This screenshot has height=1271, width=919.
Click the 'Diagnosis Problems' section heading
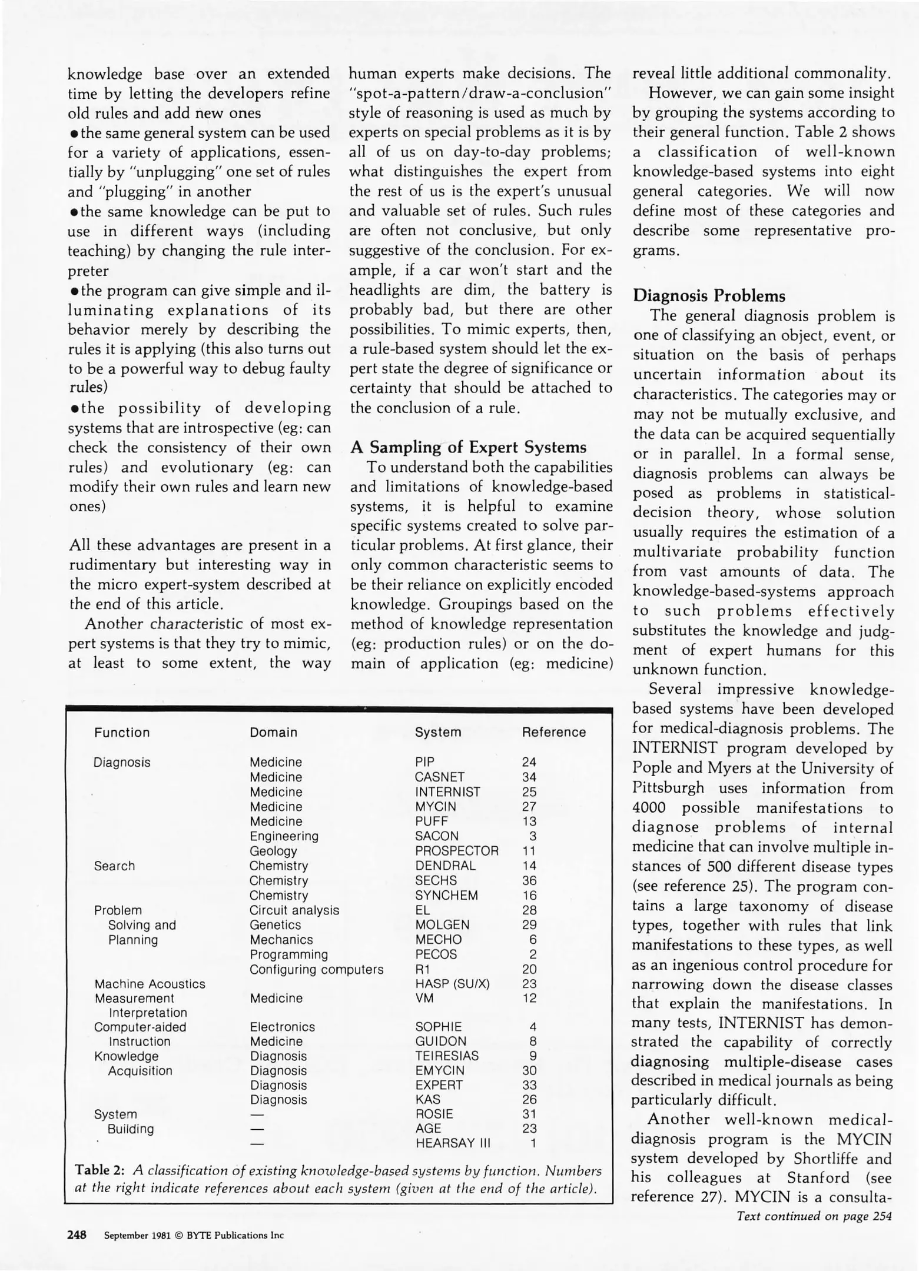(709, 295)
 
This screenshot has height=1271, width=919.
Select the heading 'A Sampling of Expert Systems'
(468, 447)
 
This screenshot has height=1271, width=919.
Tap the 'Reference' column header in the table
(553, 732)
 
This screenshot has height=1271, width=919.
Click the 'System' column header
(437, 732)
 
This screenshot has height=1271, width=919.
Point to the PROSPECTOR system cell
(456, 851)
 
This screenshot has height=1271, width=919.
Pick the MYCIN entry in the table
(435, 807)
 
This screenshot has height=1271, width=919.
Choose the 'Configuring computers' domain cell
(316, 969)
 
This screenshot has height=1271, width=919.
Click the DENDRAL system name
(445, 866)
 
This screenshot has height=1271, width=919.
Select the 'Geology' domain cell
(273, 851)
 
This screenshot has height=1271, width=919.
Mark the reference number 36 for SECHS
(529, 880)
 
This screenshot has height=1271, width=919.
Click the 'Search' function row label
(114, 866)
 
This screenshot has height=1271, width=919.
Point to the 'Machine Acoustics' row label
(150, 984)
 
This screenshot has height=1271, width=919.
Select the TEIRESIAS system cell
(447, 1056)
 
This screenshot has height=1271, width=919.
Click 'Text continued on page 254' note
(814, 1216)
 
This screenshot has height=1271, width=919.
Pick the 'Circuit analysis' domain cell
(294, 910)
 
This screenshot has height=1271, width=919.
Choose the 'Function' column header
(122, 733)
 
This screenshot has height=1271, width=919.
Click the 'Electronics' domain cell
(282, 1027)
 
